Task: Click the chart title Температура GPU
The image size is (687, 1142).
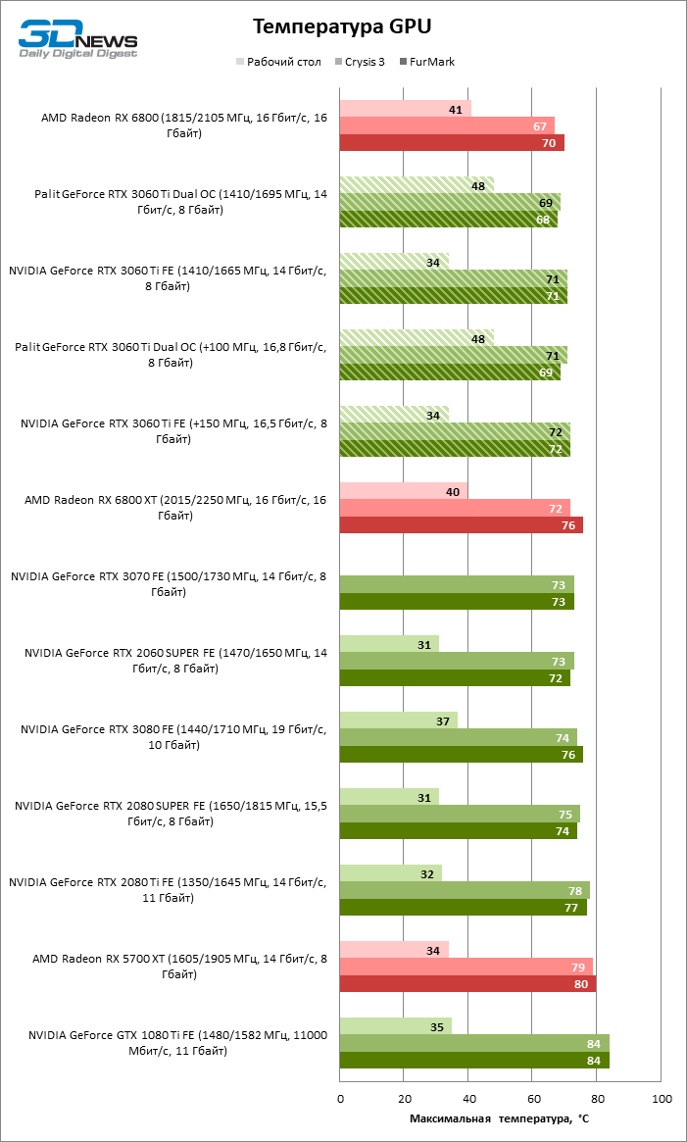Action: [341, 25]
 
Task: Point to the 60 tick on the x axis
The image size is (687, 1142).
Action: [533, 1099]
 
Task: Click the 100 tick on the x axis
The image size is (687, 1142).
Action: [662, 1099]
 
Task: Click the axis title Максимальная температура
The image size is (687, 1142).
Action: [499, 1118]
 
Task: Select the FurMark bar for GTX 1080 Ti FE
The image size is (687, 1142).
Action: [474, 1061]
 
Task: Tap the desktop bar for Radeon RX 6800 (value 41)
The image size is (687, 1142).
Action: [405, 109]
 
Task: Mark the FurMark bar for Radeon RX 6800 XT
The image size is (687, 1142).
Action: [461, 525]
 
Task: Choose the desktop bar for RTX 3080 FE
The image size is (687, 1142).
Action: [398, 720]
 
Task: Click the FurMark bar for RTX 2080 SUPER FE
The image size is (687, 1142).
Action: [458, 831]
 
